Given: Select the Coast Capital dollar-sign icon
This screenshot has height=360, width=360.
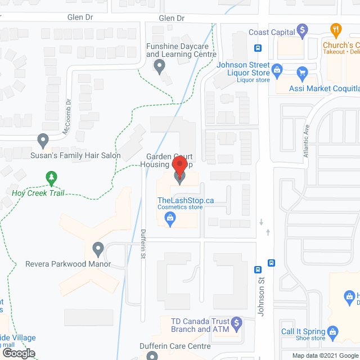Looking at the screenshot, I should click(x=302, y=29).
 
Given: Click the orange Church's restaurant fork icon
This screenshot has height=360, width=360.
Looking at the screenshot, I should click(x=336, y=29).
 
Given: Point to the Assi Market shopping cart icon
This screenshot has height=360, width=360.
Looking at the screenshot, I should click(x=302, y=72).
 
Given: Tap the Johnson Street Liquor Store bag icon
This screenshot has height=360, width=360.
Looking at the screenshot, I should click(x=276, y=70).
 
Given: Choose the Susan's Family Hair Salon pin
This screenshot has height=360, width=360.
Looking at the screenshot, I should click(x=43, y=139).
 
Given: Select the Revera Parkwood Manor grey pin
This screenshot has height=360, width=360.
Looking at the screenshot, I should click(x=98, y=248).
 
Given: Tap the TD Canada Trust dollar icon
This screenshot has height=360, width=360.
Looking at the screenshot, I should click(x=237, y=323).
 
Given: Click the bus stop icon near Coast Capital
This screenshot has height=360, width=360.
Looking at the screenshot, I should click(x=258, y=48).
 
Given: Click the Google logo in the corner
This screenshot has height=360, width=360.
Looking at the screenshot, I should click(x=19, y=353).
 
